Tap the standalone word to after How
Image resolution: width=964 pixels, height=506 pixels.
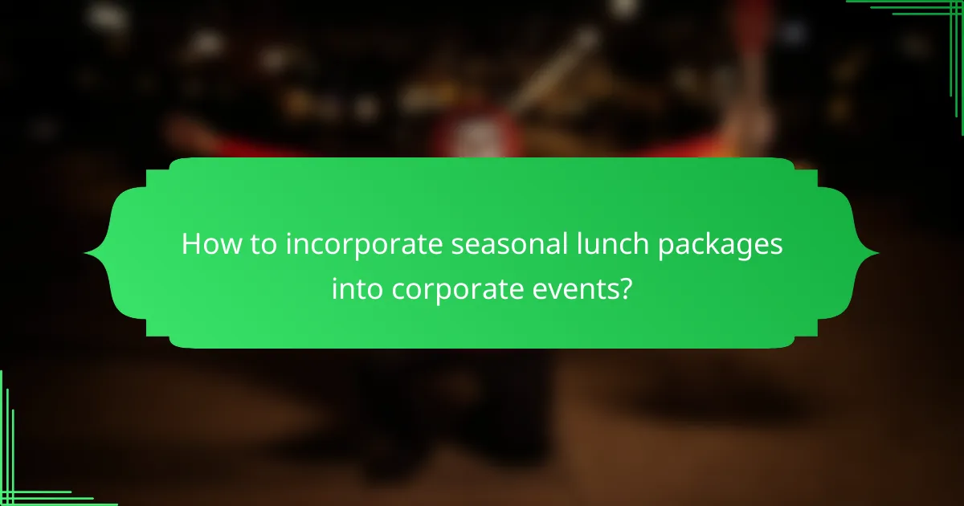(x=259, y=243)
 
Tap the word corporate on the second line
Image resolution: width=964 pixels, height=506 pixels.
(x=455, y=288)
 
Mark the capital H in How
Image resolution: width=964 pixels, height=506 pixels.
(x=191, y=243)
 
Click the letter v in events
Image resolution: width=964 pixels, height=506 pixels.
(x=552, y=288)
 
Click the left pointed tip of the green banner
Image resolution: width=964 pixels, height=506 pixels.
(x=86, y=253)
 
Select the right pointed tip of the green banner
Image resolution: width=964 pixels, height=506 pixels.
(x=877, y=253)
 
